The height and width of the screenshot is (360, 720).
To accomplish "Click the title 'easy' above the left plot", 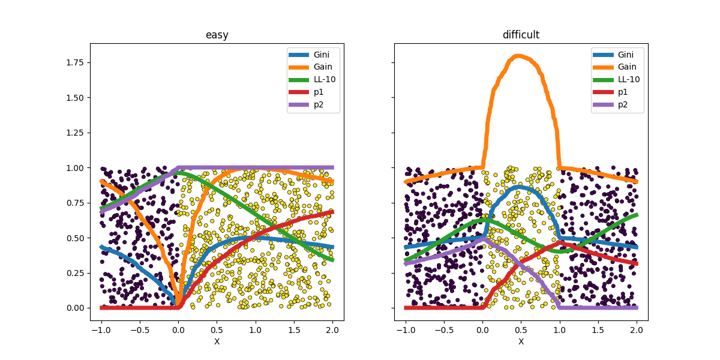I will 217,35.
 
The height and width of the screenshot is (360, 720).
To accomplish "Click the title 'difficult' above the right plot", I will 521,35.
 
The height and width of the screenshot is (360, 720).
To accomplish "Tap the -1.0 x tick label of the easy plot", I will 100,330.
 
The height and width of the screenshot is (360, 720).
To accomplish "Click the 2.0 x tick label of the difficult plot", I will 637,330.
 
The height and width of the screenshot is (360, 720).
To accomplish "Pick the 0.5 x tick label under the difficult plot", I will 521,330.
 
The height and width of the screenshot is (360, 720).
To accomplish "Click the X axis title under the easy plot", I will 217,341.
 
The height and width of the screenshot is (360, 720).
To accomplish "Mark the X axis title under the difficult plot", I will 521,341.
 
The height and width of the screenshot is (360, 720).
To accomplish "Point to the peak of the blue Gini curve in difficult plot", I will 520,187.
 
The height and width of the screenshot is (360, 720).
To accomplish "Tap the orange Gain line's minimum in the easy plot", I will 178,307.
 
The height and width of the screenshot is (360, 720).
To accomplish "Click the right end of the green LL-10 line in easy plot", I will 332,260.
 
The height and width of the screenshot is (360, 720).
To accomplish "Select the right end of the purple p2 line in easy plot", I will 332,167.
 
